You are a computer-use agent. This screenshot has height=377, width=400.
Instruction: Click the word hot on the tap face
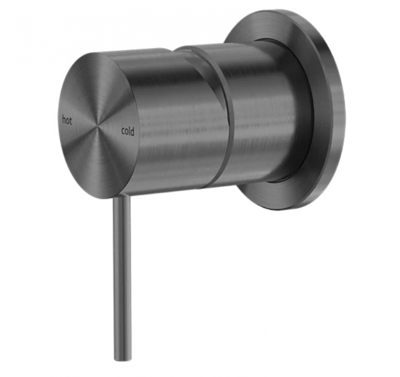point(67,120)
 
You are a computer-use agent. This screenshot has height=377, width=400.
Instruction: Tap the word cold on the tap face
point(128,131)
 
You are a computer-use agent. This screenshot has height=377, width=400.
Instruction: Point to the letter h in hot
point(64,120)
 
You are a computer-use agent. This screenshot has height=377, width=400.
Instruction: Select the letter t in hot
point(70,121)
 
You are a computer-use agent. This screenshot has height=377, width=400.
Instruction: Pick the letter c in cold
point(123,131)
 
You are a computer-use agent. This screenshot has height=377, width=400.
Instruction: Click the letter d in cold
point(132,132)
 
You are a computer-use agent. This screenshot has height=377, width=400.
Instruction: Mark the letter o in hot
point(67,121)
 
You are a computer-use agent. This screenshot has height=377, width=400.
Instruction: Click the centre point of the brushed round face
point(97,126)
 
